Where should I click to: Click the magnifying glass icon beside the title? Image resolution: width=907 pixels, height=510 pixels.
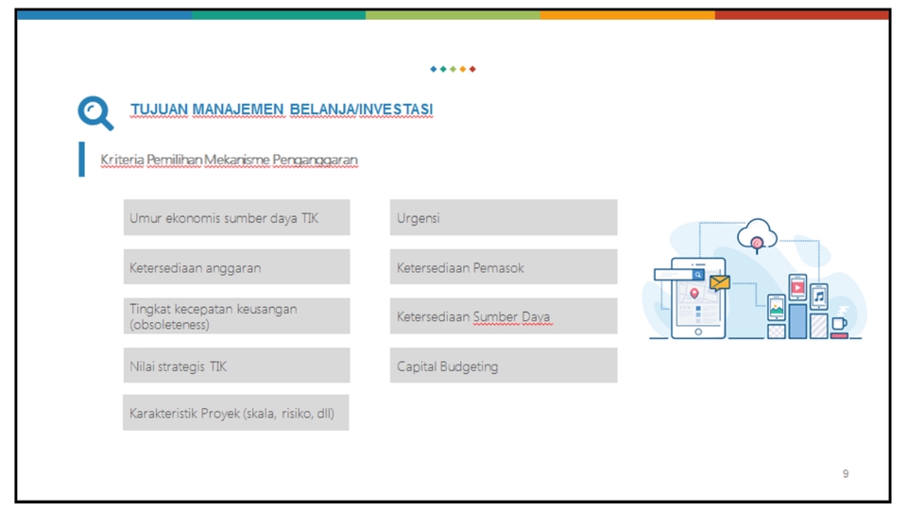[94, 112]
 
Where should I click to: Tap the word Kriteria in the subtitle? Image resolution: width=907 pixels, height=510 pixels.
[122, 160]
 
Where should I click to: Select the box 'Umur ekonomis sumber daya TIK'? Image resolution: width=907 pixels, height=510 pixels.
[236, 218]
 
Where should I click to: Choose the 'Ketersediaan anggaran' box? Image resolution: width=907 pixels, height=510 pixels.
[236, 267]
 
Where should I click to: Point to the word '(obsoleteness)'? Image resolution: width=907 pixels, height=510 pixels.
[170, 325]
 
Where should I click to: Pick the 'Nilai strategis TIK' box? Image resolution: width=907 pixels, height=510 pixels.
[236, 365]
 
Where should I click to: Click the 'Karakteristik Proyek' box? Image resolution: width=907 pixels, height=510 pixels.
[236, 413]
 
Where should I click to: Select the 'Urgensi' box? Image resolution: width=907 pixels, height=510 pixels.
[503, 218]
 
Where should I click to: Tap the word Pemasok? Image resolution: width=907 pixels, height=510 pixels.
[500, 268]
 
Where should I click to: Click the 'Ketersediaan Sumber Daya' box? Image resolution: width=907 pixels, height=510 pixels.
[503, 316]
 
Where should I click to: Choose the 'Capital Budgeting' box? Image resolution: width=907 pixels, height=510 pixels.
[503, 365]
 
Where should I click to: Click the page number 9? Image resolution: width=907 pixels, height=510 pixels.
[846, 473]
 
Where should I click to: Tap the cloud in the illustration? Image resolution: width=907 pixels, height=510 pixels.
[757, 230]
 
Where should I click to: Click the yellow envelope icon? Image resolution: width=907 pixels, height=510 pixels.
[720, 282]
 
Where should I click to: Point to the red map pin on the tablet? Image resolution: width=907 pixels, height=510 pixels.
[694, 294]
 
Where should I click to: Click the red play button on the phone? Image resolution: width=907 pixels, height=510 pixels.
[797, 287]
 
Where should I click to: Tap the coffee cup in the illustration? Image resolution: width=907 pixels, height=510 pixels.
[838, 324]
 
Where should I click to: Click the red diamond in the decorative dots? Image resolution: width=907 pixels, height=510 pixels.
[472, 69]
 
